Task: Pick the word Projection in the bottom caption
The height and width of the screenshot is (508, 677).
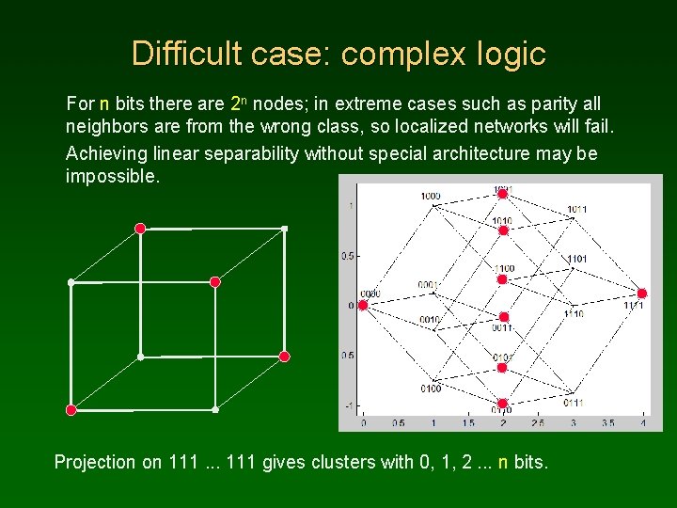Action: pos(95,462)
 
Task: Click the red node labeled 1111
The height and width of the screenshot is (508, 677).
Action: pos(642,293)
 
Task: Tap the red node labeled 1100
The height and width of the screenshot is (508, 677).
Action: pos(503,279)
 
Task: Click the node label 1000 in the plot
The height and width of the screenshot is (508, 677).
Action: pos(431,196)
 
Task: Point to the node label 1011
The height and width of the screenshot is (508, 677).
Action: pos(577,209)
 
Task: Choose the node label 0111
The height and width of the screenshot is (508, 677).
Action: pos(574,403)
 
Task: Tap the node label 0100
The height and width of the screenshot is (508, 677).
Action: pos(431,388)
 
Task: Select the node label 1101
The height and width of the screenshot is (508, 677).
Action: pos(576,258)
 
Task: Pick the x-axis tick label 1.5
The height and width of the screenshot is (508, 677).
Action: pos(468,423)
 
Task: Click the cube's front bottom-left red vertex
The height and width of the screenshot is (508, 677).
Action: pos(71,409)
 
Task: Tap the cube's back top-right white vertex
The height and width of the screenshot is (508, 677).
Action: pos(284,229)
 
